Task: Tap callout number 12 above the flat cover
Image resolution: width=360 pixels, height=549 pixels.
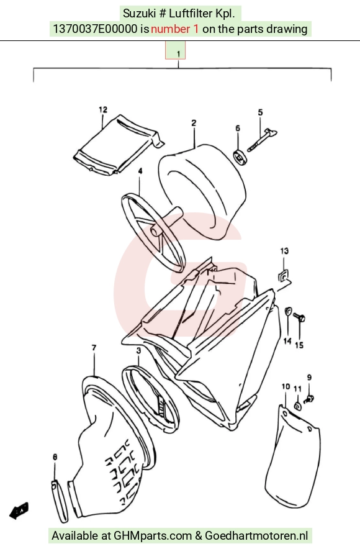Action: pos(103,110)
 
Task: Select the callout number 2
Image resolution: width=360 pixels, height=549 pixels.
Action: pos(194,123)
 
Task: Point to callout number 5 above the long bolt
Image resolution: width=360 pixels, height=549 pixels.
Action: pos(260,112)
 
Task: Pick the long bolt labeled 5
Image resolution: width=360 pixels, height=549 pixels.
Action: pos(262,140)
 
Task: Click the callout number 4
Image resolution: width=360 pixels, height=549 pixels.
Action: pos(140,171)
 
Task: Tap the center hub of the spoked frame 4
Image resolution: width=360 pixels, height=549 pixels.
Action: pos(154,232)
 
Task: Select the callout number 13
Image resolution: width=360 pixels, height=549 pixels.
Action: pos(284,251)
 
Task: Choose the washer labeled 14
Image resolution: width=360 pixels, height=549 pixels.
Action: pos(288,311)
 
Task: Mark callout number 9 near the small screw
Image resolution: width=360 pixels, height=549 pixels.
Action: pos(309,378)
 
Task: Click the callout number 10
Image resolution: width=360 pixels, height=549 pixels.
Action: pos(286,386)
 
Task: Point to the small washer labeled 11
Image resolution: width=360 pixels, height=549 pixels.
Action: pos(298,407)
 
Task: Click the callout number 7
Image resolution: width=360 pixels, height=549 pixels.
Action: pos(94,348)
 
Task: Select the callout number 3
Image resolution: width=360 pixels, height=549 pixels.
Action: pos(138,350)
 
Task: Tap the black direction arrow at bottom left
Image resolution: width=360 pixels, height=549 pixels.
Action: pos(19,511)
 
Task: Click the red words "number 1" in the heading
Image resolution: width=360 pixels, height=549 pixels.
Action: pos(174,29)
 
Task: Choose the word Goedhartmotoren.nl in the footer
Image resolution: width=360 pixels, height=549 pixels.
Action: pos(256,536)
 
